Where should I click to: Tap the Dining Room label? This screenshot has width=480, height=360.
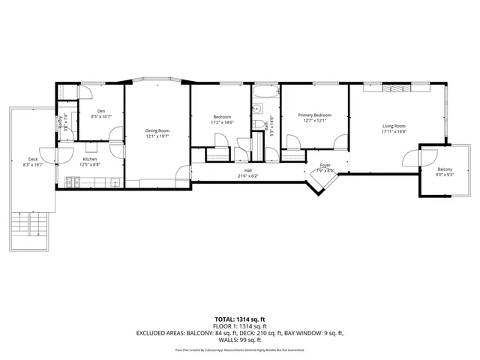[x=157, y=131]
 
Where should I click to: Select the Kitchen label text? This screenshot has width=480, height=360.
[x=90, y=159]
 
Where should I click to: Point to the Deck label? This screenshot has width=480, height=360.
[x=33, y=159]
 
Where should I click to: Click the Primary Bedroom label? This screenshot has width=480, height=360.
[x=314, y=115]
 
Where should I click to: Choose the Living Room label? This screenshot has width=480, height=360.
[x=394, y=126]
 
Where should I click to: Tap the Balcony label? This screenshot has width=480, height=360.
[x=445, y=169]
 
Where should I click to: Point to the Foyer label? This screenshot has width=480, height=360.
[x=325, y=165]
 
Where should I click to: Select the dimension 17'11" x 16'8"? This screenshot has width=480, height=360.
[x=394, y=131]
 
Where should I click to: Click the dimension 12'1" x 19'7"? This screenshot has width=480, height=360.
[x=157, y=136]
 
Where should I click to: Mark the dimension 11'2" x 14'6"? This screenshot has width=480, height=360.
[x=222, y=122]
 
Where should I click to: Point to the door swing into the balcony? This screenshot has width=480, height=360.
[x=411, y=159]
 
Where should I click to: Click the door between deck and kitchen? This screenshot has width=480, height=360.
[x=48, y=156]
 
